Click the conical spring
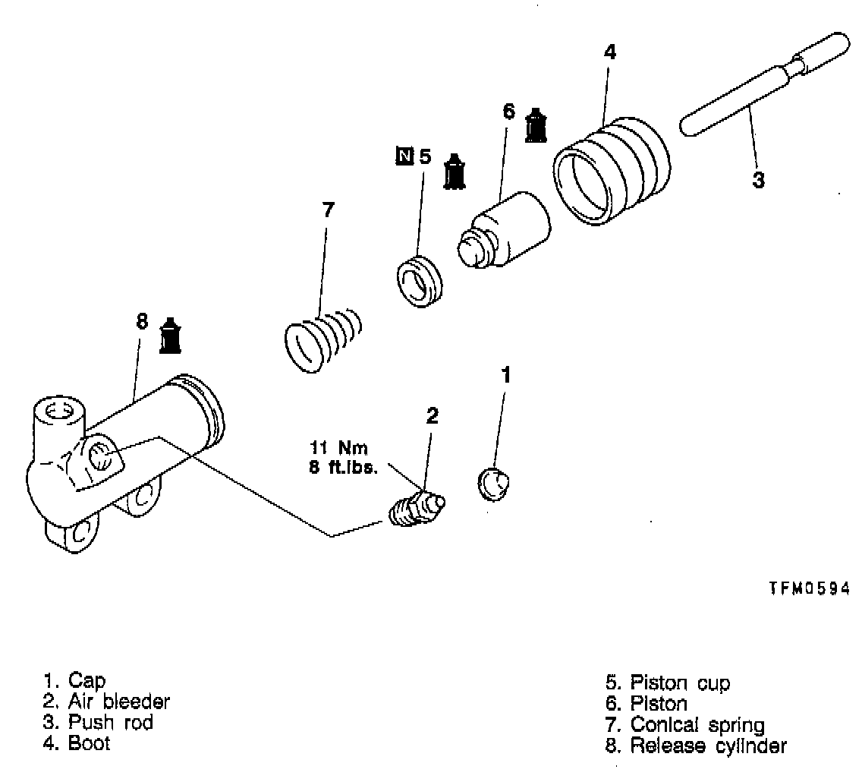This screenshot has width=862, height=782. (x=322, y=339)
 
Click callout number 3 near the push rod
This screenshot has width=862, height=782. (x=758, y=181)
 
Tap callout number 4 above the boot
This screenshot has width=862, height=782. (x=610, y=52)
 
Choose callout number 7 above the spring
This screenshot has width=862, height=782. (x=327, y=210)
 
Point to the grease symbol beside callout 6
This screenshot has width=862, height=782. (x=536, y=125)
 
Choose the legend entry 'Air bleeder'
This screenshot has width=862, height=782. (x=107, y=701)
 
